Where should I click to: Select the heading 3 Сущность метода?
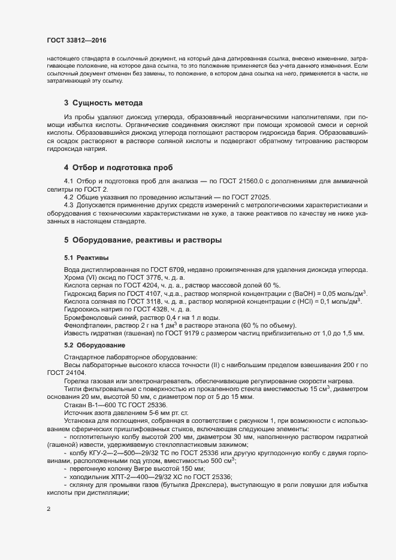(x=103, y=102)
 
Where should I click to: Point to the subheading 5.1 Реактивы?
(x=86, y=258)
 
